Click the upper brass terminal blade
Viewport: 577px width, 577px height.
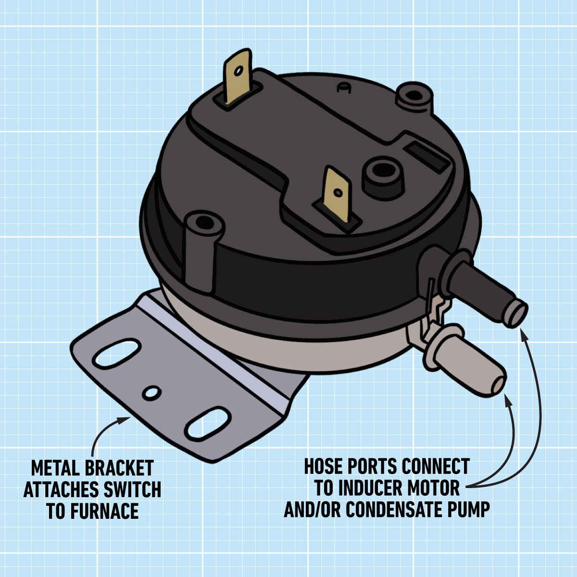pyautogui.click(x=238, y=77)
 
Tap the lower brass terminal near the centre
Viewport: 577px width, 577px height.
pyautogui.click(x=338, y=194)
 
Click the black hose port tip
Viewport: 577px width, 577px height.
pyautogui.click(x=517, y=314)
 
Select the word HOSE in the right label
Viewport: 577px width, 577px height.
pyautogui.click(x=326, y=466)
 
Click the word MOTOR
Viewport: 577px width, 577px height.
pyautogui.click(x=435, y=488)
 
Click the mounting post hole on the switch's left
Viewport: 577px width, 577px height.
pyautogui.click(x=204, y=223)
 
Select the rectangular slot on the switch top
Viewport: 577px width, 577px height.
pyautogui.click(x=428, y=156)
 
